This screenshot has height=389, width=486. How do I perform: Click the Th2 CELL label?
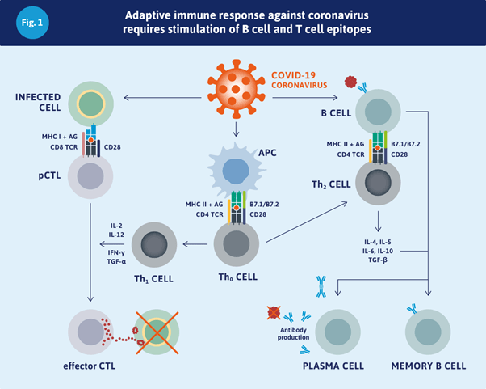(x=330, y=184)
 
